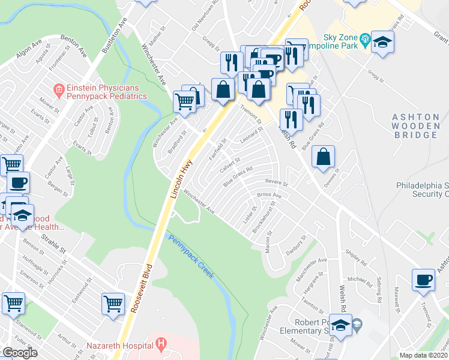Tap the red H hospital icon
pyautogui.click(x=160, y=344)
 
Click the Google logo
pyautogui.click(x=20, y=353)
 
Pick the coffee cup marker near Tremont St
pyautogui.click(x=423, y=279)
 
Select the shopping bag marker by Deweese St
pyautogui.click(x=323, y=157)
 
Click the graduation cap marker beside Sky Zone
pyautogui.click(x=381, y=42)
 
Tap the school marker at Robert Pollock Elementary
pyautogui.click(x=340, y=325)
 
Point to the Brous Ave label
pyautogui.click(x=269, y=196)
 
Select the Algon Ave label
pyautogui.click(x=29, y=52)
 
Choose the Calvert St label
pyautogui.click(x=230, y=163)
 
